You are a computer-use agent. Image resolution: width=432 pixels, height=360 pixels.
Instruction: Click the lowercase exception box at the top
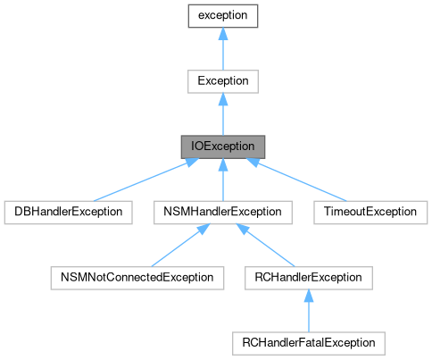[222, 16]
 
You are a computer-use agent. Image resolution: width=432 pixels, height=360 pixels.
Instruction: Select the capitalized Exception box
[222, 81]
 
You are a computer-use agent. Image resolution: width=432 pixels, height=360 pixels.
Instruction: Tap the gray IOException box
[222, 147]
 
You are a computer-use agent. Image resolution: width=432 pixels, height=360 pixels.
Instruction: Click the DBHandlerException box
[68, 212]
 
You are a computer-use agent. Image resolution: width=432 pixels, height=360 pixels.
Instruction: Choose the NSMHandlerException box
[222, 212]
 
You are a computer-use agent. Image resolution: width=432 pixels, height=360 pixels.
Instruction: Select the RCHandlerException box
[308, 277]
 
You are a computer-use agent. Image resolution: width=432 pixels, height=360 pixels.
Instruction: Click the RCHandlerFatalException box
[308, 342]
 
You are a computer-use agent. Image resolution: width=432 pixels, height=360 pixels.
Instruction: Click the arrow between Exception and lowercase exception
[222, 49]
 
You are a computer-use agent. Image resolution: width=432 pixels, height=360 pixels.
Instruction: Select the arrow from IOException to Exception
[222, 114]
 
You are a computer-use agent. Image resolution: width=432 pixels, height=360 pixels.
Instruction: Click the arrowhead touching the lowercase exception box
[222, 34]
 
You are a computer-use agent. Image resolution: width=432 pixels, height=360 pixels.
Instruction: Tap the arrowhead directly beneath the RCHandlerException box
[308, 295]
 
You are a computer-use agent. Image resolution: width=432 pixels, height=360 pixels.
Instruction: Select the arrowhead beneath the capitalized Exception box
[222, 99]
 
